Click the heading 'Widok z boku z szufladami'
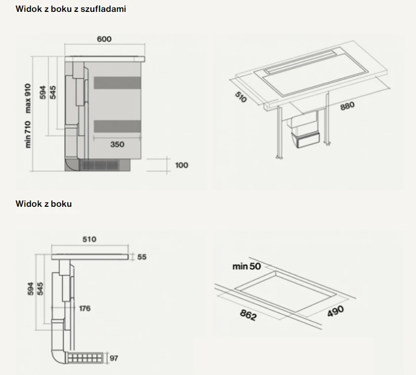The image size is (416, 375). tap(71, 9)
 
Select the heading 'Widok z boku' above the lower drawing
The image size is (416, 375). tap(43, 204)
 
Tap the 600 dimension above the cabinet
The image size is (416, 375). tap(104, 39)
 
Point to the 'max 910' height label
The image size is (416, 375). tap(28, 98)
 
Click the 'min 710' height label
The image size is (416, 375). tap(28, 135)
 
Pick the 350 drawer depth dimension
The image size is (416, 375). tap(117, 144)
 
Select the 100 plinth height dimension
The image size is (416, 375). tap(182, 165)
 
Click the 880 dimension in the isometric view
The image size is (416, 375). tap(347, 106)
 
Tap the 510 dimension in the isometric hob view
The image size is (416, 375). tap(241, 97)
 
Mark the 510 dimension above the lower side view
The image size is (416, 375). tap(89, 239)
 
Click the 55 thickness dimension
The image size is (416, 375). tap(142, 257)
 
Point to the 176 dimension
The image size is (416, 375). tap(85, 308)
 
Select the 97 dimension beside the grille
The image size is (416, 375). tap(114, 358)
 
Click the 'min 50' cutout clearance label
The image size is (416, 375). tap(247, 266)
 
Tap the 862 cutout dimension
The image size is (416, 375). tap(249, 315)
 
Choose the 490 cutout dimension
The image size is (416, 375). tap(335, 311)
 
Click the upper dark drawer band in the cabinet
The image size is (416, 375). tap(117, 83)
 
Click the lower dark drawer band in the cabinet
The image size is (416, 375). tap(117, 126)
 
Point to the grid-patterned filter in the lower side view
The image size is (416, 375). tap(85, 358)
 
